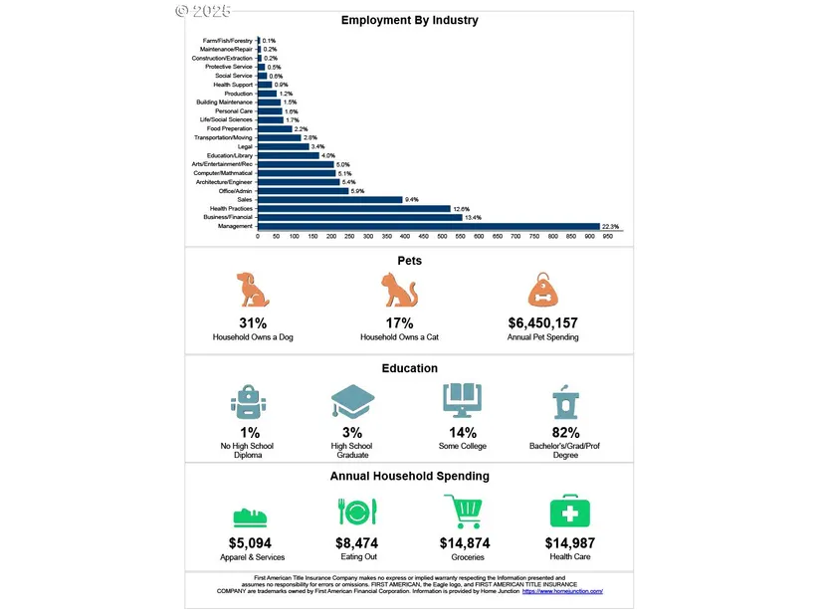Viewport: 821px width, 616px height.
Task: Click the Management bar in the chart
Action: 428,227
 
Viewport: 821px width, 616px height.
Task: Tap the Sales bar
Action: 329,199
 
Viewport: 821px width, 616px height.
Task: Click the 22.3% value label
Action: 610,227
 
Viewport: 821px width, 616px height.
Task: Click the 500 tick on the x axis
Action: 441,237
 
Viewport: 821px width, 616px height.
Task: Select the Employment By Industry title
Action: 409,20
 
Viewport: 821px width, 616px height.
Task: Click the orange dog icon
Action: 253,290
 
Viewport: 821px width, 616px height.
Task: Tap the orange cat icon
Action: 399,290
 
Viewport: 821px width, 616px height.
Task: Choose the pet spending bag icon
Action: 543,290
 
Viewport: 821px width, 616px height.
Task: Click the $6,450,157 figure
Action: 542,323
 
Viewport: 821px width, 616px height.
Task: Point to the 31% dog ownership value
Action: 253,323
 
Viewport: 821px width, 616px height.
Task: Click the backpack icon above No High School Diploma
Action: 246,402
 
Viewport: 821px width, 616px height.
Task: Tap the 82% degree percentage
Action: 566,433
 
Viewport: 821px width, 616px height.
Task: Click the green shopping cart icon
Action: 464,513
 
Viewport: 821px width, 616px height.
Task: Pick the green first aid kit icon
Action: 570,512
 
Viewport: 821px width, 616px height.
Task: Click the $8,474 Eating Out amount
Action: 358,543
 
